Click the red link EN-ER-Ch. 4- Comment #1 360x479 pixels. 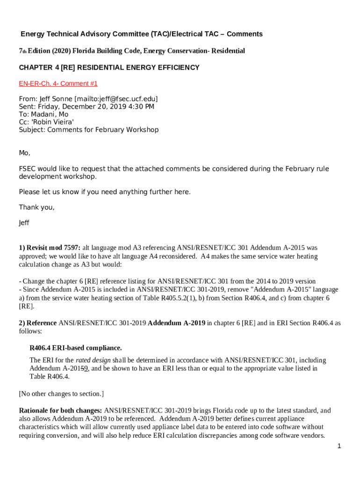click(58, 84)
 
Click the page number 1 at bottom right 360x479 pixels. click(339, 446)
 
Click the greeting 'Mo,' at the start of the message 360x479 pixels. click(24, 153)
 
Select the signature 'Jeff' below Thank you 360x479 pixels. click(24, 223)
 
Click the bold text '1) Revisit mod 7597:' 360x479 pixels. click(50, 247)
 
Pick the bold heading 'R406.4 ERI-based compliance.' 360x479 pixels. click(76, 348)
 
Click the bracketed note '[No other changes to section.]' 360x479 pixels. click(61, 394)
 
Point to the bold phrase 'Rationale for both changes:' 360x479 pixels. click(60, 411)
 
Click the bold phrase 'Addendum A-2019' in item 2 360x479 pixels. click(176, 323)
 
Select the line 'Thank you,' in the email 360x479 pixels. click(36, 208)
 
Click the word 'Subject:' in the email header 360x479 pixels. click(32, 130)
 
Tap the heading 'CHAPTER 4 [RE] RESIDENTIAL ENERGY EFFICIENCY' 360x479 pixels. click(109, 68)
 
